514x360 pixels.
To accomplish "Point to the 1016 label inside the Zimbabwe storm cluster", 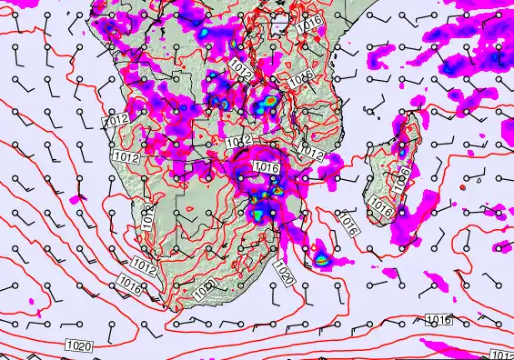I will [267, 167].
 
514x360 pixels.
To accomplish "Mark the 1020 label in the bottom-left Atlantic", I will [78, 345].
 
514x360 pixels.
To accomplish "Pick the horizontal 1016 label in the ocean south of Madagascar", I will [439, 319].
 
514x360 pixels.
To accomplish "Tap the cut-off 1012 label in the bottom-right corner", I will [501, 355].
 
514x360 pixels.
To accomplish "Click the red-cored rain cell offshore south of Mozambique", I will [321, 259].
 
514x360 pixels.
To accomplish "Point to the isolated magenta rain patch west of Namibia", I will [79, 198].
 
